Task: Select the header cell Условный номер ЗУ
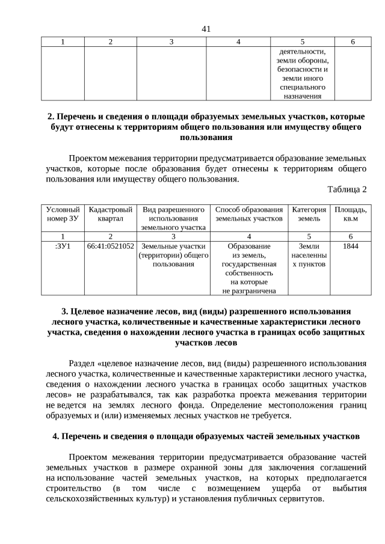click(63, 214)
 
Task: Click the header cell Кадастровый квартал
click(110, 214)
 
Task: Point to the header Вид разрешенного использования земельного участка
click(173, 218)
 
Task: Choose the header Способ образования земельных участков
click(249, 214)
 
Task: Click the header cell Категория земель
click(309, 214)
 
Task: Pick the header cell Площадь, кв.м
click(351, 214)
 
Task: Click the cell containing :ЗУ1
click(63, 246)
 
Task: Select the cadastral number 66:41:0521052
click(110, 246)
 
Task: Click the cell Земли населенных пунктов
click(309, 255)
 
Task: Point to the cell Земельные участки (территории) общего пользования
click(173, 255)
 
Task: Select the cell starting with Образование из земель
click(249, 268)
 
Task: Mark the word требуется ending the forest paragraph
click(269, 415)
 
